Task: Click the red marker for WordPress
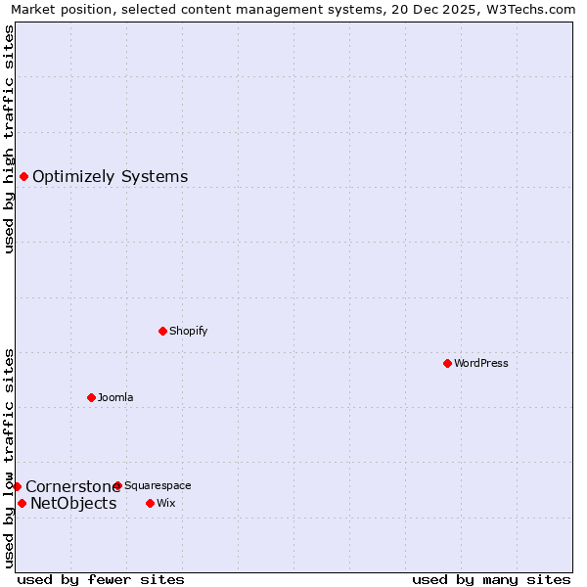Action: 447,363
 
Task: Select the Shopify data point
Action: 162,331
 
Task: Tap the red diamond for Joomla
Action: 91,397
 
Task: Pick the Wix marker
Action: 150,503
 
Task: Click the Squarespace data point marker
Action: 117,485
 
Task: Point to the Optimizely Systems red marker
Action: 23,176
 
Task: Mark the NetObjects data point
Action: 22,503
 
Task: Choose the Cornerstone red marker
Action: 17,486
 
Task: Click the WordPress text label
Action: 481,363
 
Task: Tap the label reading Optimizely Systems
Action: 110,176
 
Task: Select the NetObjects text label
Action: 73,503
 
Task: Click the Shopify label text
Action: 188,331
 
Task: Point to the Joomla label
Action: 115,397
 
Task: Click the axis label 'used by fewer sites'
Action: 101,579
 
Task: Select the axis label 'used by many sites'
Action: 491,579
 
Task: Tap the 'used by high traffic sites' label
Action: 9,139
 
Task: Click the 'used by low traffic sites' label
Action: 9,457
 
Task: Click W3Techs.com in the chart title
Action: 531,9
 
